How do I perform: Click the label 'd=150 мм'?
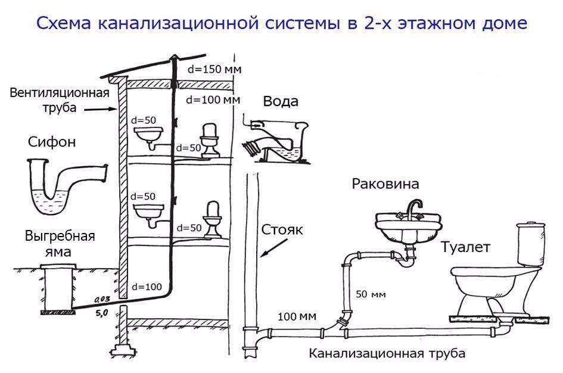[x=213, y=69]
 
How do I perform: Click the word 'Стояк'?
[x=284, y=230]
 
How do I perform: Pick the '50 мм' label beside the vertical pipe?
[x=371, y=294]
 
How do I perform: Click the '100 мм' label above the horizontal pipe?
[x=296, y=315]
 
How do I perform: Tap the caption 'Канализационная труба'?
[x=387, y=353]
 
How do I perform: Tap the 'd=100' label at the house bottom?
[x=146, y=287]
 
